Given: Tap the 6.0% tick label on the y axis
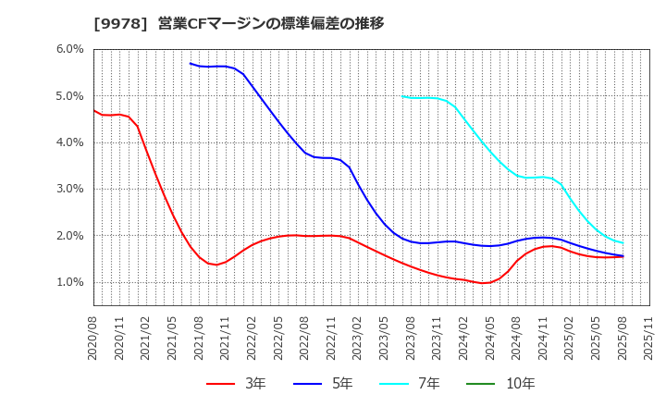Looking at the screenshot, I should (70, 49).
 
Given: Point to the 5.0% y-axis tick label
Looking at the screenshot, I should (70, 95).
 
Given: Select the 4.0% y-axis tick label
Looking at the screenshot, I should (70, 142).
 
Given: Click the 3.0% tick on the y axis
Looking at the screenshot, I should (70, 189).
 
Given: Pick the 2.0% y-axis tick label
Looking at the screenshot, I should (70, 236).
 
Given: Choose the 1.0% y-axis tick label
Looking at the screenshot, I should (70, 282).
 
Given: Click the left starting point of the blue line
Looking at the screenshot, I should (191, 64).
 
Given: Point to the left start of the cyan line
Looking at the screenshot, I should (403, 96).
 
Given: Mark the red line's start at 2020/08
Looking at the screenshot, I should (94, 110).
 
